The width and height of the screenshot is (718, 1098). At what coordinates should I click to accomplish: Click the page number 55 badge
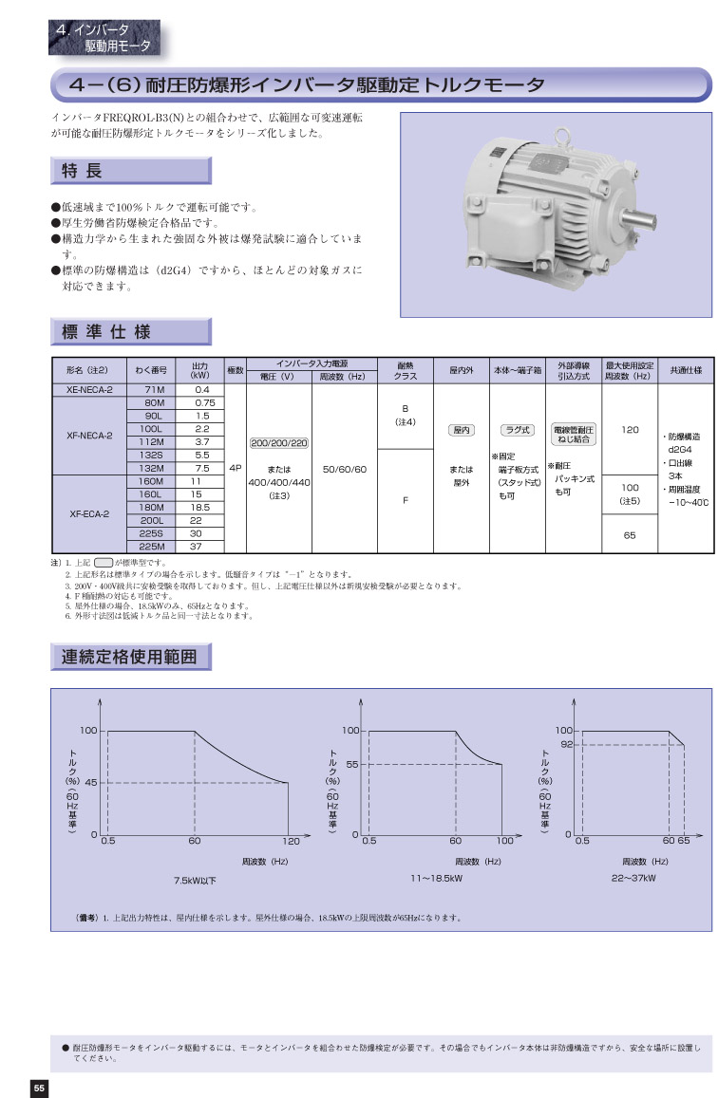point(38,1088)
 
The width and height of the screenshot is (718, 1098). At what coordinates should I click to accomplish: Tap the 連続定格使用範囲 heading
point(129,657)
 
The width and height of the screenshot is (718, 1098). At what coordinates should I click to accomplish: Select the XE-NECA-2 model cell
point(90,389)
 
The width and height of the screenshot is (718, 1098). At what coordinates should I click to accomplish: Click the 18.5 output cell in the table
point(201,508)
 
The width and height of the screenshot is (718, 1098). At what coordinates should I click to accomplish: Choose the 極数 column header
point(236,369)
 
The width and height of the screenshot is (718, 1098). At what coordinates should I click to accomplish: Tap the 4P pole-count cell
point(236,468)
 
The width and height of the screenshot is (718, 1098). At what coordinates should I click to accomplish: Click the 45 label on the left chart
point(91,782)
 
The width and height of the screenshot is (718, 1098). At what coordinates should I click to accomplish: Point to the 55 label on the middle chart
point(351,764)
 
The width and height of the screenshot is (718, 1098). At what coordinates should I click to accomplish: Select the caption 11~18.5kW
point(436,880)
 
